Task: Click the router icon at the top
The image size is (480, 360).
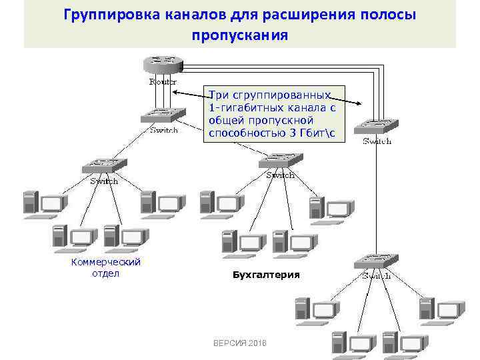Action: pyautogui.click(x=162, y=65)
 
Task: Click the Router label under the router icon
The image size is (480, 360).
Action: pyautogui.click(x=163, y=82)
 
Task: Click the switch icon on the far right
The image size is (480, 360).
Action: pyautogui.click(x=377, y=126)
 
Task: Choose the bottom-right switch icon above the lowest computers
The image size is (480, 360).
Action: pyautogui.click(x=377, y=261)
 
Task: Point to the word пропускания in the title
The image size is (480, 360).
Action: pyautogui.click(x=240, y=35)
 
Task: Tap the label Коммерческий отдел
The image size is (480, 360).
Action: pyautogui.click(x=106, y=267)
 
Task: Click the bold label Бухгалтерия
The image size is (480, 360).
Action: pyautogui.click(x=266, y=275)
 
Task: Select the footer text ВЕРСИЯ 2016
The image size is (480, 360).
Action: pyautogui.click(x=239, y=342)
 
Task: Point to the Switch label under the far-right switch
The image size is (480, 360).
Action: pyautogui.click(x=377, y=141)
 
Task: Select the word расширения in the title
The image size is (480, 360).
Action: pyautogui.click(x=303, y=15)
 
